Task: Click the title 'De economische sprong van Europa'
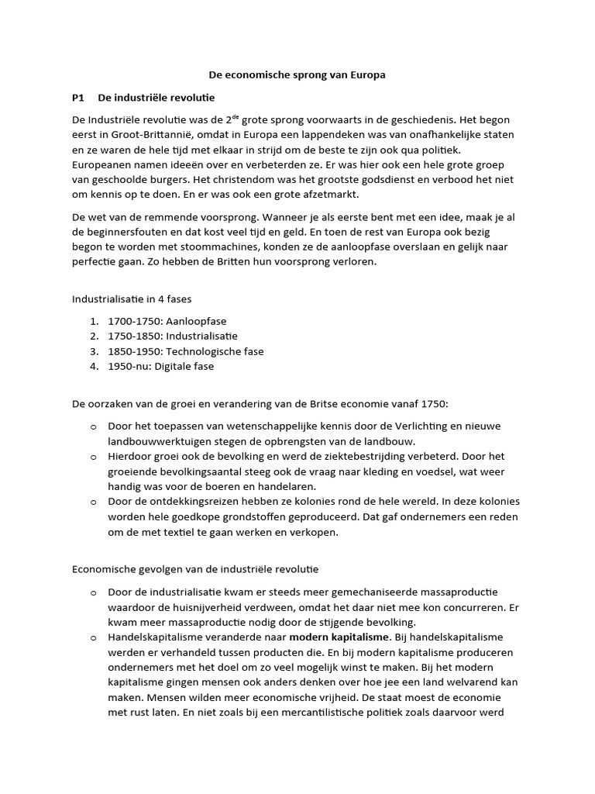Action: (x=297, y=75)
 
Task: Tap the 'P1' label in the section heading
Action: (x=77, y=98)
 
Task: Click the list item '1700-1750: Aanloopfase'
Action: (x=167, y=321)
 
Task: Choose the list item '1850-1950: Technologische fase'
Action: (x=186, y=351)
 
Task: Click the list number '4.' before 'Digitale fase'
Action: (x=93, y=366)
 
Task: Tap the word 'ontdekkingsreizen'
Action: (x=178, y=502)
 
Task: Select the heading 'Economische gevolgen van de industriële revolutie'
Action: (x=195, y=570)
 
